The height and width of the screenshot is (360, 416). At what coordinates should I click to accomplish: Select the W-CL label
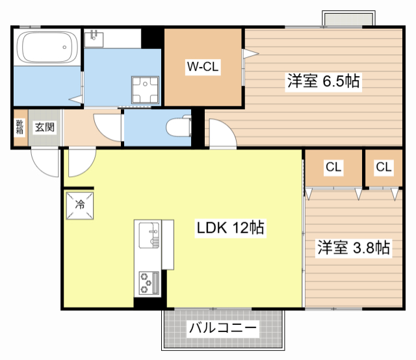pos(202,66)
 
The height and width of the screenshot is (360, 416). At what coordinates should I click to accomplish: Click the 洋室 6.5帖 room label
pos(323,82)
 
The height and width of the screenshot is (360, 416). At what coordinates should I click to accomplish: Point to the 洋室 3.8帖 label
pos(353,248)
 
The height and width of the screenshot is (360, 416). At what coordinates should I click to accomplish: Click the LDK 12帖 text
pos(230,228)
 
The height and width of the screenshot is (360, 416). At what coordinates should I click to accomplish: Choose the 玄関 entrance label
pos(44,127)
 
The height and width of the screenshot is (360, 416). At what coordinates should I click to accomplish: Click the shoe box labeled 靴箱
pos(19,127)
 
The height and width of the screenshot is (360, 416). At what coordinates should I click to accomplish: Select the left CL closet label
pos(333,167)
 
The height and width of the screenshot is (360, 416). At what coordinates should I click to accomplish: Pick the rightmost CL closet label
pos(383,167)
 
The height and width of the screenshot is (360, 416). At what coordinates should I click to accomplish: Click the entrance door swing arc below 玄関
pos(45,163)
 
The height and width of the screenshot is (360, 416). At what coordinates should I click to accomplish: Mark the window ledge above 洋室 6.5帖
pos(349,19)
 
